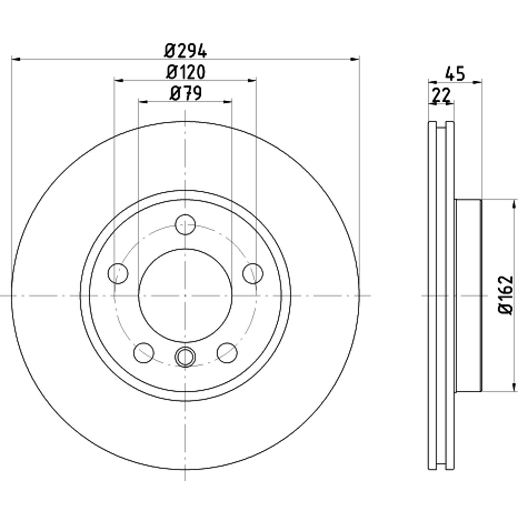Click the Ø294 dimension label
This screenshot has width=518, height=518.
(x=185, y=51)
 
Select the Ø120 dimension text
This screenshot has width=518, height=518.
(x=185, y=72)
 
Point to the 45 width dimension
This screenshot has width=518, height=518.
(x=455, y=73)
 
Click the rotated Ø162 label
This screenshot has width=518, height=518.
(x=506, y=295)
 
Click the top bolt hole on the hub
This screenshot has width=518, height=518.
(x=185, y=224)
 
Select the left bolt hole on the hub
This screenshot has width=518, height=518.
(x=118, y=273)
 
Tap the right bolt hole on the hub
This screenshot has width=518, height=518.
(x=253, y=273)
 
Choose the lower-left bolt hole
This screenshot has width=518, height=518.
(x=144, y=353)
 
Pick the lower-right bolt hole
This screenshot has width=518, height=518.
(x=227, y=353)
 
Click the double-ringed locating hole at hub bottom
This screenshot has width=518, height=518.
(x=185, y=357)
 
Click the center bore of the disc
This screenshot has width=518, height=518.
(x=185, y=295)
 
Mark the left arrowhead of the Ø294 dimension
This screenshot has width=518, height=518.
(x=16, y=59)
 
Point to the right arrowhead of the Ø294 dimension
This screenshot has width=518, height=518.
(x=355, y=59)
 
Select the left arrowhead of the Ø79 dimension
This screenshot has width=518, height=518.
(x=143, y=101)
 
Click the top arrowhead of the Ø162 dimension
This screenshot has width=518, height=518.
(x=513, y=204)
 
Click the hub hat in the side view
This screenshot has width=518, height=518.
(x=468, y=295)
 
